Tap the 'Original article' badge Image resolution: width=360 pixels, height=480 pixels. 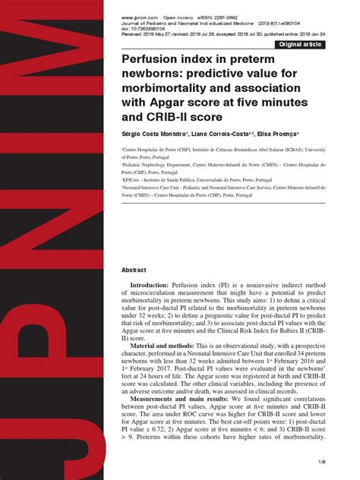pos(302,45)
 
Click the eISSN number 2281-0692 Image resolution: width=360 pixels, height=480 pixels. pos(228,17)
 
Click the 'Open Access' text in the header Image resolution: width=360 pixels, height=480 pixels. pos(184,17)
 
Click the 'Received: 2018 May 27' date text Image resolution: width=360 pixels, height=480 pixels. pos(148,33)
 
